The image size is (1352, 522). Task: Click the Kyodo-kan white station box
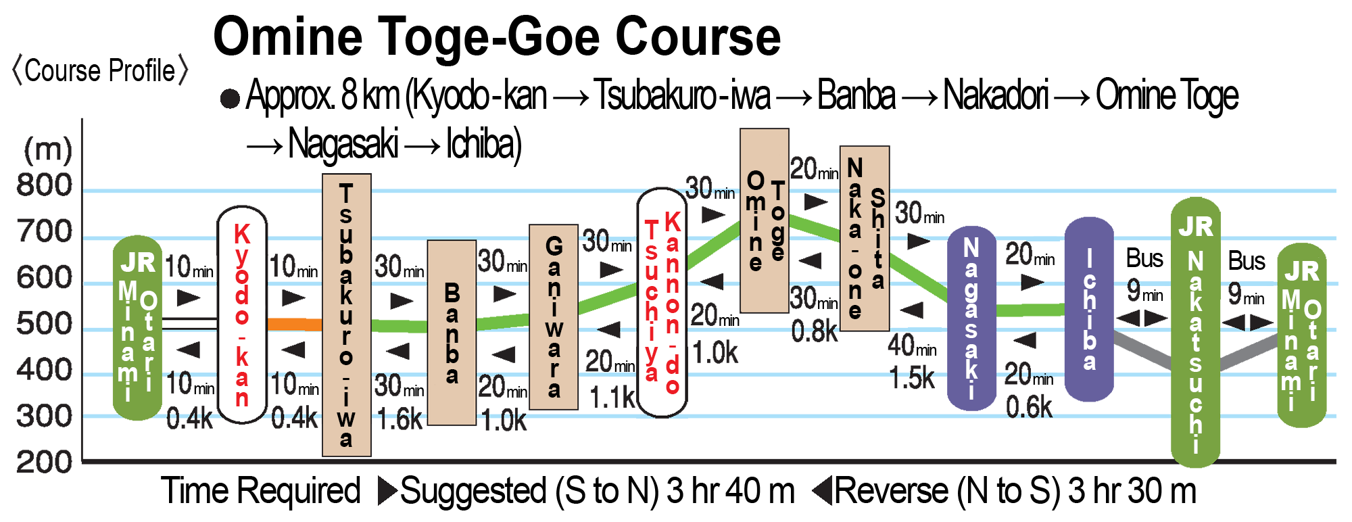[242, 315]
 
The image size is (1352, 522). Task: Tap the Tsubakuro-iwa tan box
[346, 315]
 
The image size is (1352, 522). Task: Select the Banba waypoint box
[452, 333]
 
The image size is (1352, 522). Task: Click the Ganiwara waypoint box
[554, 317]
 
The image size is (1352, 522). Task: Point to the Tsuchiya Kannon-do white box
[662, 302]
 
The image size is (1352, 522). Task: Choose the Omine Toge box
[764, 220]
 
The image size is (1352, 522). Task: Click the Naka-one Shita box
[864, 238]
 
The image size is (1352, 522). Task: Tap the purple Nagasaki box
[971, 318]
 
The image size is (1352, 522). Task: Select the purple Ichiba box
[1088, 309]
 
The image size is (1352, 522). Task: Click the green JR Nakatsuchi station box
[1195, 332]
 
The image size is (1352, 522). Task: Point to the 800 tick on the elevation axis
[45, 186]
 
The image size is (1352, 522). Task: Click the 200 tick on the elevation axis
[45, 462]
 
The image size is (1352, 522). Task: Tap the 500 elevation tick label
[45, 325]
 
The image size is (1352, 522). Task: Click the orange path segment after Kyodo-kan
[295, 324]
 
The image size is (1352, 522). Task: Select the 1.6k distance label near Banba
[400, 420]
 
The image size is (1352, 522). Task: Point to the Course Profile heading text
[100, 71]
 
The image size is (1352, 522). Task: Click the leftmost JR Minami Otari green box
[137, 328]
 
